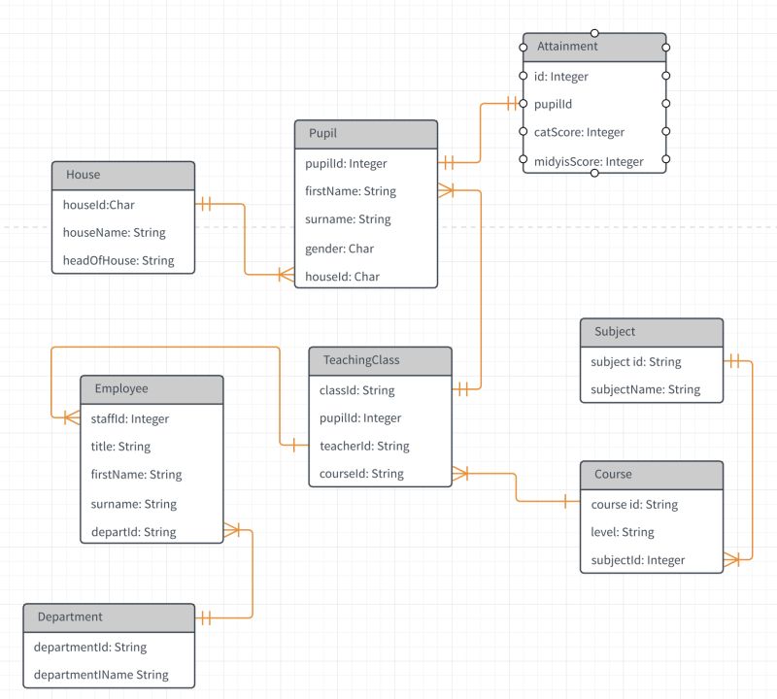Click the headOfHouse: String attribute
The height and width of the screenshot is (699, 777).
[x=118, y=260]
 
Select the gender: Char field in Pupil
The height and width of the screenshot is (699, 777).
[x=340, y=249]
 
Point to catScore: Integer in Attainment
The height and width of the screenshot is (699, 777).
[x=579, y=132]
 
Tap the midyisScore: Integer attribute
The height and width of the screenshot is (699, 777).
[x=589, y=161]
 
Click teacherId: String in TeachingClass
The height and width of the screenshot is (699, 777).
[x=364, y=446]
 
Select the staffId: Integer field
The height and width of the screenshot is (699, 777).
[x=131, y=418]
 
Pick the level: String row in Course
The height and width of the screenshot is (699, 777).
[x=623, y=532]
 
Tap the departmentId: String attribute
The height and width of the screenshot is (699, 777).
[x=89, y=647]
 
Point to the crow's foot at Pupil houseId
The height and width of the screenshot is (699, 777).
[x=286, y=275]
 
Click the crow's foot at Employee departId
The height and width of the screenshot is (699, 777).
[x=231, y=530]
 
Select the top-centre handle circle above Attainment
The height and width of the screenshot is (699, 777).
[x=594, y=32]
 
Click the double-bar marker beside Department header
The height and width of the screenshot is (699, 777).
[x=206, y=616]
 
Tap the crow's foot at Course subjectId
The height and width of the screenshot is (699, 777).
[x=731, y=559]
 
